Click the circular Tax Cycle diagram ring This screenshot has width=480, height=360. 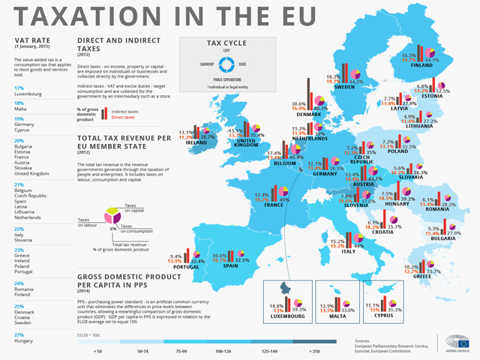225,64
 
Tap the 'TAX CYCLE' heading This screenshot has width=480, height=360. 226,43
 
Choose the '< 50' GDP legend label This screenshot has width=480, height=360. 97,350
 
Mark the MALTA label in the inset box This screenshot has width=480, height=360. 337,316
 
